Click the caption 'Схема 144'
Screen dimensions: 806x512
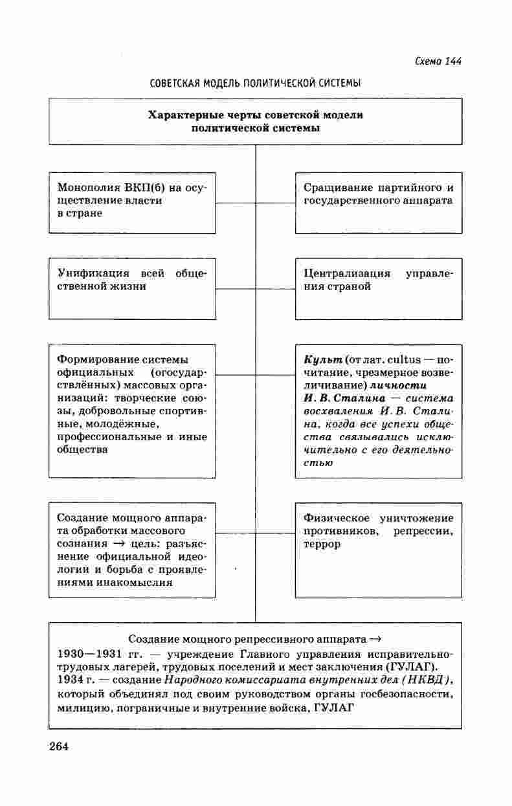pyautogui.click(x=438, y=62)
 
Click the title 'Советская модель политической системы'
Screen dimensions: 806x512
pyautogui.click(x=255, y=84)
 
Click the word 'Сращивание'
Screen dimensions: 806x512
pyautogui.click(x=336, y=188)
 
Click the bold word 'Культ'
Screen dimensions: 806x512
pyautogui.click(x=322, y=359)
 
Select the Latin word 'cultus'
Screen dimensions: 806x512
pyautogui.click(x=403, y=359)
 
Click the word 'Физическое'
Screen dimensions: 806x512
pyautogui.click(x=336, y=518)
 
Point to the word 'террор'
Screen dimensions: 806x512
pyautogui.click(x=322, y=544)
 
